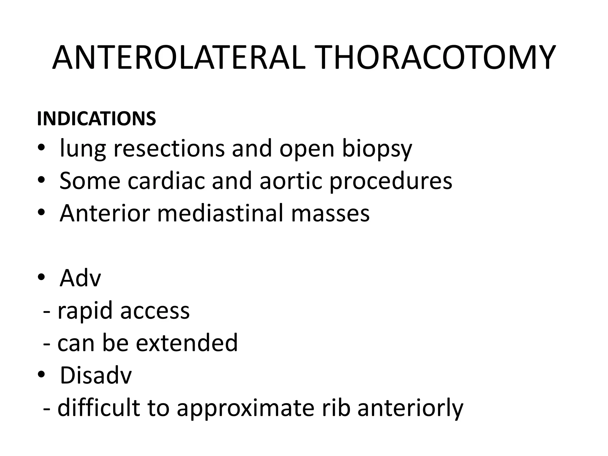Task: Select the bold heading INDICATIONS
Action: (96, 119)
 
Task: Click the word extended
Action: (187, 343)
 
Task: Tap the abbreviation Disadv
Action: (96, 375)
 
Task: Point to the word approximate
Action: (245, 408)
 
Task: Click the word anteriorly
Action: (410, 408)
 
